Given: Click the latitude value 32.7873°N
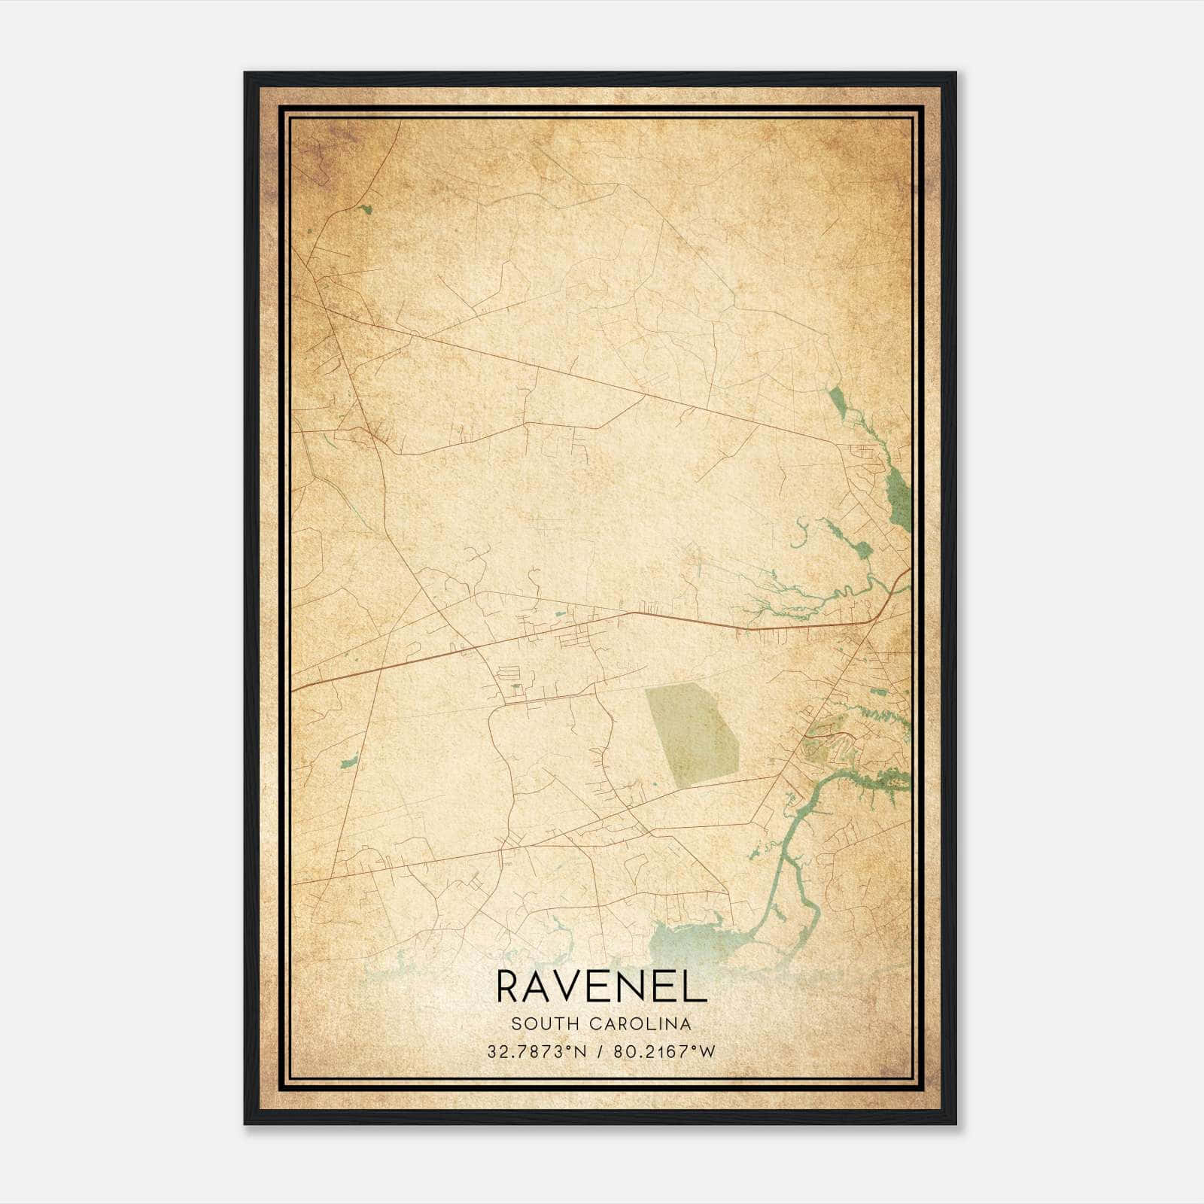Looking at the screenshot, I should pos(537,1051).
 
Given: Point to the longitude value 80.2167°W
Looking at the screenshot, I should pos(664,1051).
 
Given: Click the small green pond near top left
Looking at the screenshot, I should pos(366,208).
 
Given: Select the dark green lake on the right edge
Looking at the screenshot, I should pos(897,492).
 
